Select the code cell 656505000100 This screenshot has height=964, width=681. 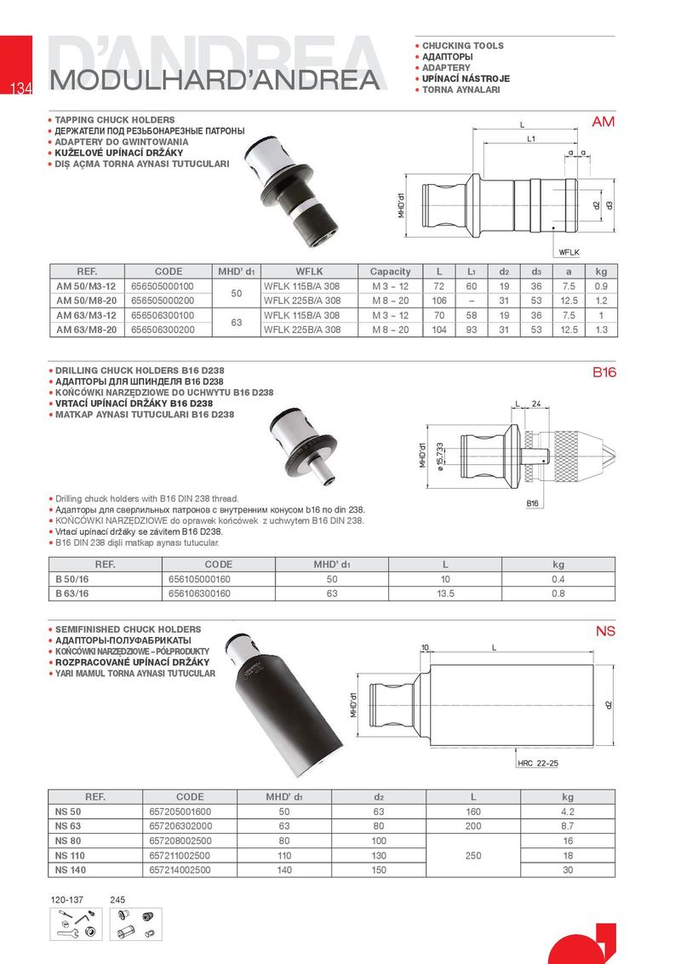pyautogui.click(x=162, y=285)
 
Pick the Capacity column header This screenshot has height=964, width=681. pyautogui.click(x=390, y=271)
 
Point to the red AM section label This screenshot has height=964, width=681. pyautogui.click(x=603, y=123)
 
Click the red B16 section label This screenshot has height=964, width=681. pyautogui.click(x=604, y=373)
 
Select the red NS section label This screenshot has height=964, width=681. pyautogui.click(x=604, y=632)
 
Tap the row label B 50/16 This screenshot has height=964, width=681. pyautogui.click(x=72, y=579)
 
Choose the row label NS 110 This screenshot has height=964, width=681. pyautogui.click(x=69, y=855)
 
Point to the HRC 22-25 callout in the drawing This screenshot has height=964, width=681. pyautogui.click(x=538, y=763)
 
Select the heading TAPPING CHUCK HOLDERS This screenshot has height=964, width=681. pyautogui.click(x=115, y=120)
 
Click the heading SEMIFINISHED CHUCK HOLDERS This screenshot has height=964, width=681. pyautogui.click(x=128, y=629)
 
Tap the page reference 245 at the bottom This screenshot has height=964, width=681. pyautogui.click(x=117, y=899)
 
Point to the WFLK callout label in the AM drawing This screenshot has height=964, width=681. pyautogui.click(x=569, y=252)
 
